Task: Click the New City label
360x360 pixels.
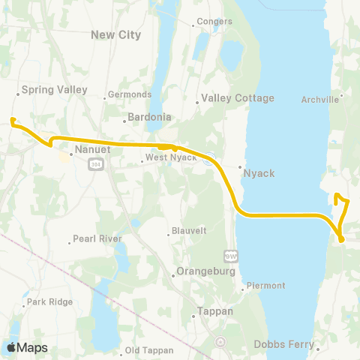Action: (x=111, y=34)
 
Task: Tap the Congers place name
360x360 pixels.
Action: (x=214, y=22)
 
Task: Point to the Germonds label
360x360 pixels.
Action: (x=130, y=94)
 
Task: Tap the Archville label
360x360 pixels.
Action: (x=321, y=98)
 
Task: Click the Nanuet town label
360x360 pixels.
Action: (x=93, y=150)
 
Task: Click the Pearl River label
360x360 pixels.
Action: (x=97, y=240)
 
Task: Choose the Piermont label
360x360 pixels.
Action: (x=267, y=286)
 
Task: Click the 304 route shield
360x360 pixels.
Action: (x=95, y=164)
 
